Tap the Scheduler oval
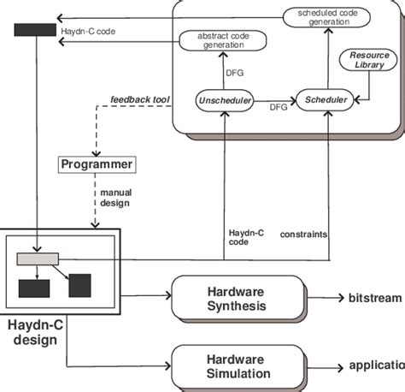pos(326,100)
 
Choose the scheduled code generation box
pos(329,17)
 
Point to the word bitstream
pos(374,298)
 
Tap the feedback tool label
pos(140,100)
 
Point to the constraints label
pos(305,233)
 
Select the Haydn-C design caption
pos(34,332)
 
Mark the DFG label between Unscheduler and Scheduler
pos(278,107)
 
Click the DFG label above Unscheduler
pos(234,73)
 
